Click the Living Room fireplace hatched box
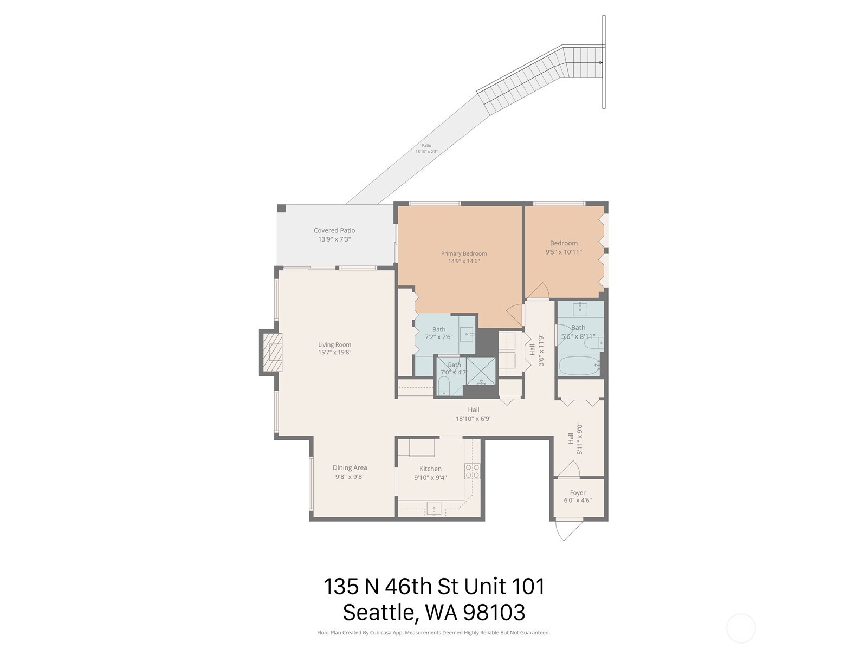tap(272, 353)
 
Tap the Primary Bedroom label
tap(463, 253)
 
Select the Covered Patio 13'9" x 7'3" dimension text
tap(334, 239)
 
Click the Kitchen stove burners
tap(472, 471)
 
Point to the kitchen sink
tap(433, 509)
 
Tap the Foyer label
tap(578, 492)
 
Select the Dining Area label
tap(350, 467)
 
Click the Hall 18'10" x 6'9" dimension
tap(473, 418)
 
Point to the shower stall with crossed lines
tap(481, 371)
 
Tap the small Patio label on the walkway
tap(426, 145)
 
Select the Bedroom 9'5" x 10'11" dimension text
tap(564, 251)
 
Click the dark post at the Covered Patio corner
tap(281, 209)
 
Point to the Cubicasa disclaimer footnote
tap(433, 632)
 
